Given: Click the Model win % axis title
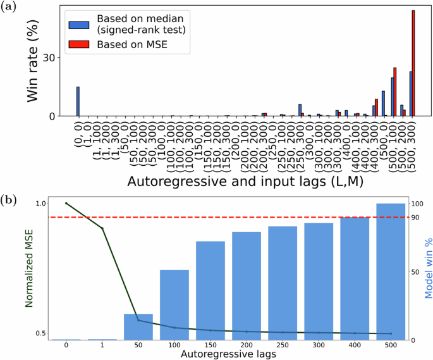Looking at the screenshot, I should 427,268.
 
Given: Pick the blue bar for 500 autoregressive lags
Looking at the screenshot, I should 390,271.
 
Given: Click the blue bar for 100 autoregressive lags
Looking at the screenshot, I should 174,305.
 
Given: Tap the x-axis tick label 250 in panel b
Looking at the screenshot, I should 282,345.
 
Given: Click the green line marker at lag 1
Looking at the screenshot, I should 102,228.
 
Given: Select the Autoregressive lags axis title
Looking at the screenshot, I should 228,355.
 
